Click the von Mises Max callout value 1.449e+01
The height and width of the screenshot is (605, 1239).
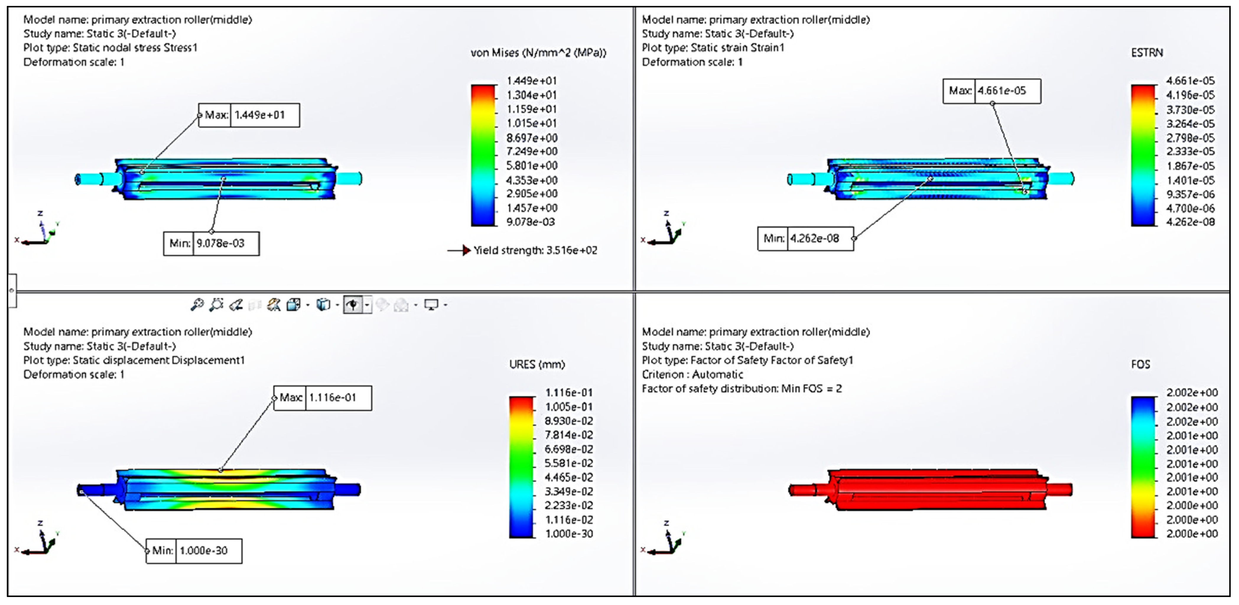pos(260,115)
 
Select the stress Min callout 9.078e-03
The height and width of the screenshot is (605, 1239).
pos(220,244)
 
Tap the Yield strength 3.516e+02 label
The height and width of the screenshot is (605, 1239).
pos(535,250)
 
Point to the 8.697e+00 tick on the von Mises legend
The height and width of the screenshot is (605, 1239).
pos(531,138)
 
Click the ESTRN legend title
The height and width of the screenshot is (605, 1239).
pos(1147,53)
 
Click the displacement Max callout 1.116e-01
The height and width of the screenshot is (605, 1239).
pos(332,397)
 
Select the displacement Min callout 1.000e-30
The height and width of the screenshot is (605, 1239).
pos(204,551)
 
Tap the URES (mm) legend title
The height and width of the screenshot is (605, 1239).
pos(537,364)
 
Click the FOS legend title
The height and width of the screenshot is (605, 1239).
pos(1140,364)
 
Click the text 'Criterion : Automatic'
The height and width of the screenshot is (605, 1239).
pos(692,374)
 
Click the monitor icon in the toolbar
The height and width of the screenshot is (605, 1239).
pos(431,305)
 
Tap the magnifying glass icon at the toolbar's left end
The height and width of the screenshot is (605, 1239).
pos(197,305)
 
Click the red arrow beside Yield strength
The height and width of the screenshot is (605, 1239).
pos(466,250)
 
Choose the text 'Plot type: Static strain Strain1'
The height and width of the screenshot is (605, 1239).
pos(713,48)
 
